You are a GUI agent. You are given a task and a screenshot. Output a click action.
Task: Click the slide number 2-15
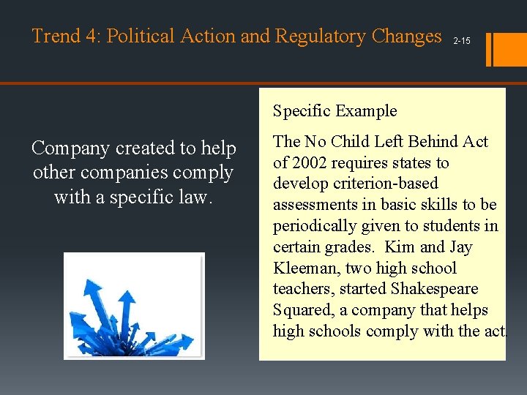(462, 41)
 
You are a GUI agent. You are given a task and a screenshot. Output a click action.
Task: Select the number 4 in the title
(92, 36)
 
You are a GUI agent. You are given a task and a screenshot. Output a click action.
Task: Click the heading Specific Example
(334, 111)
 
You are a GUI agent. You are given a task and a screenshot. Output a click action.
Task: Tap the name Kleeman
(302, 268)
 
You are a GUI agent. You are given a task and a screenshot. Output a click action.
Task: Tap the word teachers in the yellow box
(302, 289)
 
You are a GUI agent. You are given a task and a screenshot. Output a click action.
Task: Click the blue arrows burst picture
(134, 306)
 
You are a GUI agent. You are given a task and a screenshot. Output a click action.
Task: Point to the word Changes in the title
(407, 36)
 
